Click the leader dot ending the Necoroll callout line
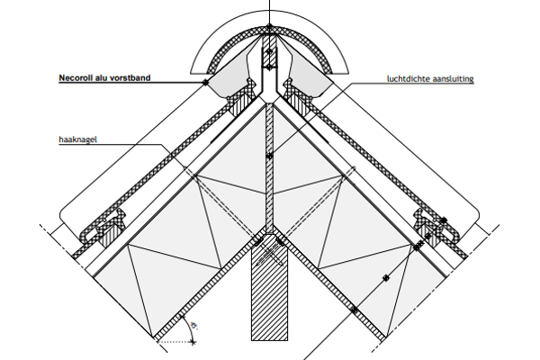(x=206, y=83)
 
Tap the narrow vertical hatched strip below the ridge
(x=269, y=171)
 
